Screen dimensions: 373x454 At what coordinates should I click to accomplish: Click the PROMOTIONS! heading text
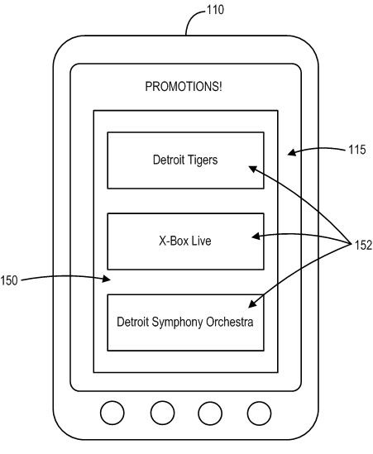pos(184,87)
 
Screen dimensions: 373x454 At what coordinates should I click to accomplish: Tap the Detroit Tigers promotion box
pos(185,160)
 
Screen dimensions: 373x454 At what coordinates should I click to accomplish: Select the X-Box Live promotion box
pos(185,241)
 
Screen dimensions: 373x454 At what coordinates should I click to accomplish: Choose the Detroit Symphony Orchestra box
pos(185,323)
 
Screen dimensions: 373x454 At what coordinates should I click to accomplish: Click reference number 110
pos(215,10)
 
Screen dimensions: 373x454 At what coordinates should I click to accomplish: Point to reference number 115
pos(357,150)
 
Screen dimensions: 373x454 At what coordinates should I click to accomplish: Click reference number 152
pos(363,245)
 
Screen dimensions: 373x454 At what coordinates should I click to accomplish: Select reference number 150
pos(9,280)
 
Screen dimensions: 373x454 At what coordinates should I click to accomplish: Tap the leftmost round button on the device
pos(112,413)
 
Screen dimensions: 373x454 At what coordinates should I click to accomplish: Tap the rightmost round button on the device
pos(259,413)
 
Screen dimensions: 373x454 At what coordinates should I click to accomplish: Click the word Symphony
pos(177,323)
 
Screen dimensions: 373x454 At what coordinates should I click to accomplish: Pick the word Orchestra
pos(229,322)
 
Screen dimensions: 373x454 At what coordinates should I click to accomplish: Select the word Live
pos(201,241)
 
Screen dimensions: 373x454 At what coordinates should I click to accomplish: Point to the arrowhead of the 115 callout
pos(292,152)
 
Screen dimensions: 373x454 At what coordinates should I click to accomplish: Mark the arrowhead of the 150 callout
pos(107,279)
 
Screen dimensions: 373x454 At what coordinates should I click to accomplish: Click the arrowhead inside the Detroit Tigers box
pos(252,169)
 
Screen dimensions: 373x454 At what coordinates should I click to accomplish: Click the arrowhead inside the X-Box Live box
pos(256,237)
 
